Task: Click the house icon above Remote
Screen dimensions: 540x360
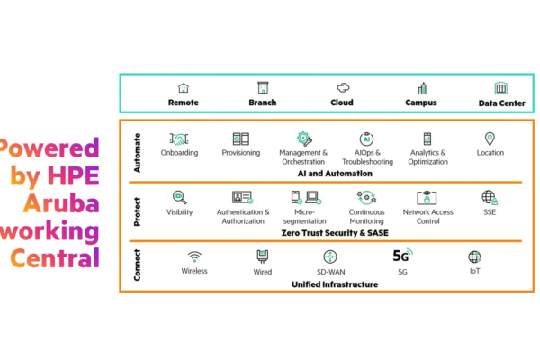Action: (184, 88)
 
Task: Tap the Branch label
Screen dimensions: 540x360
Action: (263, 103)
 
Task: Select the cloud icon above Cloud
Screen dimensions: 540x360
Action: (343, 88)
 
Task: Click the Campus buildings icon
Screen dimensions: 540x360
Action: (422, 88)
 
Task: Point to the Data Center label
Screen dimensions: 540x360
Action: (502, 103)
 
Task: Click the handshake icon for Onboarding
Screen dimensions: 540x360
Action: (179, 139)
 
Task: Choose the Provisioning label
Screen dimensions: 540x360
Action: (241, 153)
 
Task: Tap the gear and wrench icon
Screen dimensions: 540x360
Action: (304, 139)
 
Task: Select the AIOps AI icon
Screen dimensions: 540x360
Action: (366, 139)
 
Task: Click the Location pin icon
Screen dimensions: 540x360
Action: (490, 139)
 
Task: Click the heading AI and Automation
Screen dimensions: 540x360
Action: (335, 174)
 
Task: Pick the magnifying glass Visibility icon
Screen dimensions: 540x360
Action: (179, 197)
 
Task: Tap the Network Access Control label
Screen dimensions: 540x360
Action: (428, 217)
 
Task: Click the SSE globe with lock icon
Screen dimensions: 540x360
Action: (490, 198)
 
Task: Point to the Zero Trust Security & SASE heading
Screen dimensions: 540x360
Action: (335, 233)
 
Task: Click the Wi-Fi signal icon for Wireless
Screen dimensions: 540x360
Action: (194, 257)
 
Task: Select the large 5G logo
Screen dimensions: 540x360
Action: (402, 256)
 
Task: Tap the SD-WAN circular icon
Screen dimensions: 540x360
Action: (330, 257)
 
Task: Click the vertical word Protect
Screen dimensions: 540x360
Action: (137, 211)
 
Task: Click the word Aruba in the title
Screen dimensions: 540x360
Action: (61, 203)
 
